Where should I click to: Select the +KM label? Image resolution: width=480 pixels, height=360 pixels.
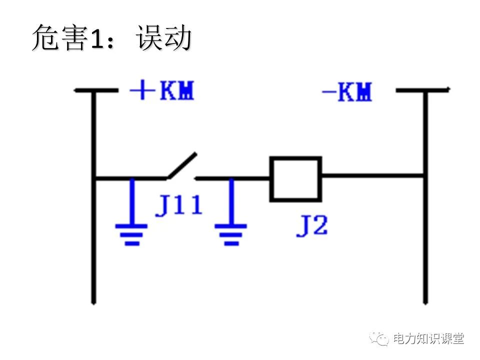[x=161, y=91]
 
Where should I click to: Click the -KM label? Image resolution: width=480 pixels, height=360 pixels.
[x=347, y=92]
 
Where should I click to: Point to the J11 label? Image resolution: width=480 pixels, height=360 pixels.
[x=178, y=206]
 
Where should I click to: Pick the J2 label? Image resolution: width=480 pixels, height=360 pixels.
[x=312, y=226]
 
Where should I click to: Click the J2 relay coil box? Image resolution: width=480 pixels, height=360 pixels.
[x=295, y=179]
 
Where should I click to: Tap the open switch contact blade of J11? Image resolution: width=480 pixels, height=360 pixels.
[x=182, y=165]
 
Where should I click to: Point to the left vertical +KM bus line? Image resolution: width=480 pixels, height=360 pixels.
[x=93, y=240]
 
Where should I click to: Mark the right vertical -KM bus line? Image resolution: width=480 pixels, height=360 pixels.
[x=425, y=240]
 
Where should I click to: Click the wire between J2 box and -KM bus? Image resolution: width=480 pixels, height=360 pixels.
[x=372, y=176]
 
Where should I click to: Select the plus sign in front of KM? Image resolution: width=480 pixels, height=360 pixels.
[x=141, y=91]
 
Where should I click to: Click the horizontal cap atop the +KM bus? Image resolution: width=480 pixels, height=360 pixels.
[x=95, y=90]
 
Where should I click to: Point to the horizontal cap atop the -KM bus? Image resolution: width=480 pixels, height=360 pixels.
[x=422, y=90]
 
